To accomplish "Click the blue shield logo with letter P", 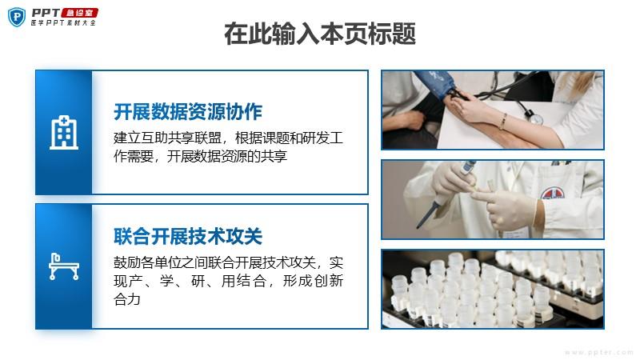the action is [17, 17].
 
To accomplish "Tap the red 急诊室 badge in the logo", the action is [79, 13].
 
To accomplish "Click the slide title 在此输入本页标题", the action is [319, 34].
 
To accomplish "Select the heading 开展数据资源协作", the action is [188, 112].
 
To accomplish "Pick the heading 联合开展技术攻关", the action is [188, 236].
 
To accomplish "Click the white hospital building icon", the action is [64, 132].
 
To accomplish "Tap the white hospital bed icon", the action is [64, 266].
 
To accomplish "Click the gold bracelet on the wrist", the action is [504, 122].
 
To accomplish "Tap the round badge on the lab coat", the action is [553, 193].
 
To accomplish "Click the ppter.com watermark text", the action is [598, 352].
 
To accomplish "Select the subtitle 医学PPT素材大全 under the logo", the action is [64, 23].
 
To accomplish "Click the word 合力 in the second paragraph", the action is [127, 299].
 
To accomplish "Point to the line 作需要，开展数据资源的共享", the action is [201, 156].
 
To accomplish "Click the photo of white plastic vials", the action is [493, 289].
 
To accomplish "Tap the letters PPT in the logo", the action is [46, 13].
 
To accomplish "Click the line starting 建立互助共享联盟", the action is [228, 138].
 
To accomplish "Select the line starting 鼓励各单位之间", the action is [228, 262].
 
